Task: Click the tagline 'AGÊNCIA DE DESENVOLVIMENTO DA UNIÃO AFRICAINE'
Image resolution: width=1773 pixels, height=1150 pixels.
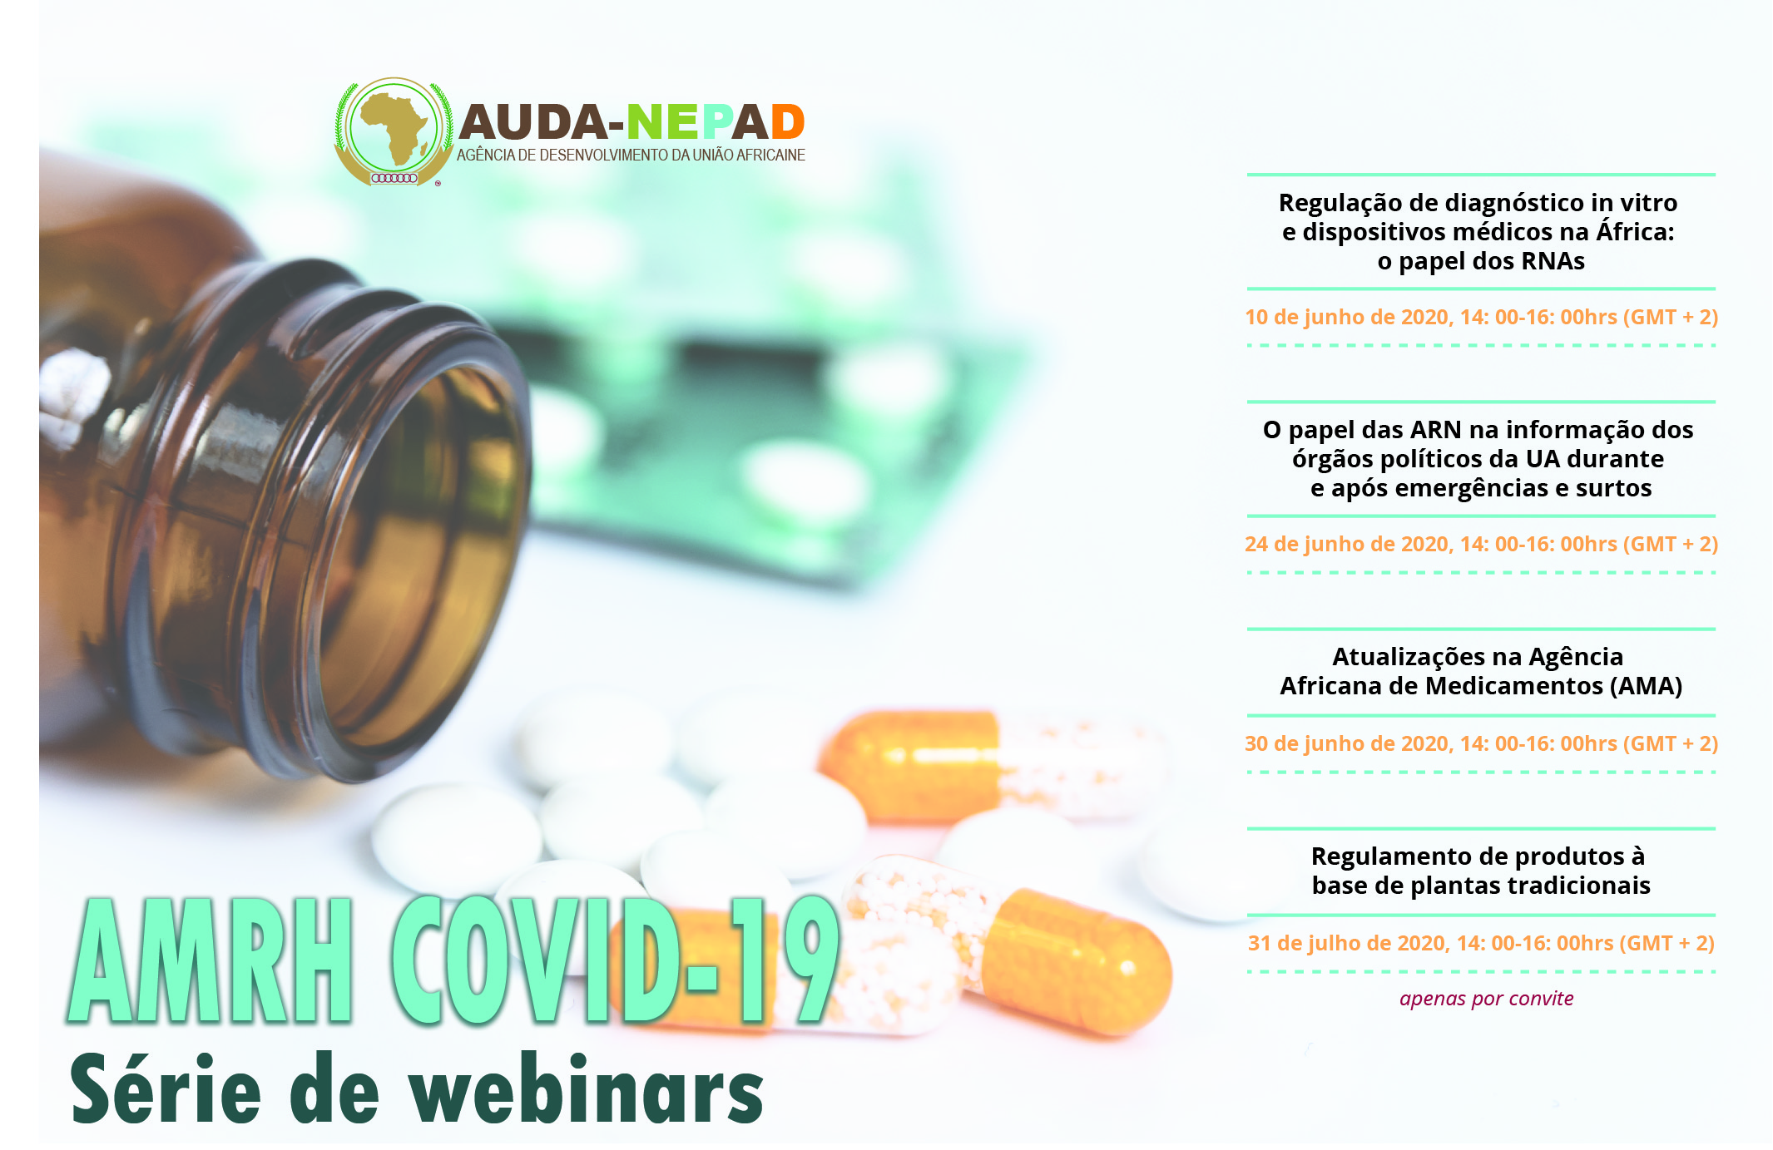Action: (x=631, y=155)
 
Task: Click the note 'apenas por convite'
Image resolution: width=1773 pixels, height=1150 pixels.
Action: (x=1486, y=999)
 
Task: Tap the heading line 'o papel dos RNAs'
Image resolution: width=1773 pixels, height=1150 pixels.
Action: (x=1481, y=261)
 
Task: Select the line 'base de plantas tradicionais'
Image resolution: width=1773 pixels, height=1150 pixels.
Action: (x=1481, y=886)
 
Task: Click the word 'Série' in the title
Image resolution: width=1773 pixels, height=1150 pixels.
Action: (x=166, y=1088)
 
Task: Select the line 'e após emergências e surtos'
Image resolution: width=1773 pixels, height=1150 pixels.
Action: (x=1481, y=488)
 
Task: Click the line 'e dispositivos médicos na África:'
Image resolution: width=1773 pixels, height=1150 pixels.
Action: (x=1478, y=232)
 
